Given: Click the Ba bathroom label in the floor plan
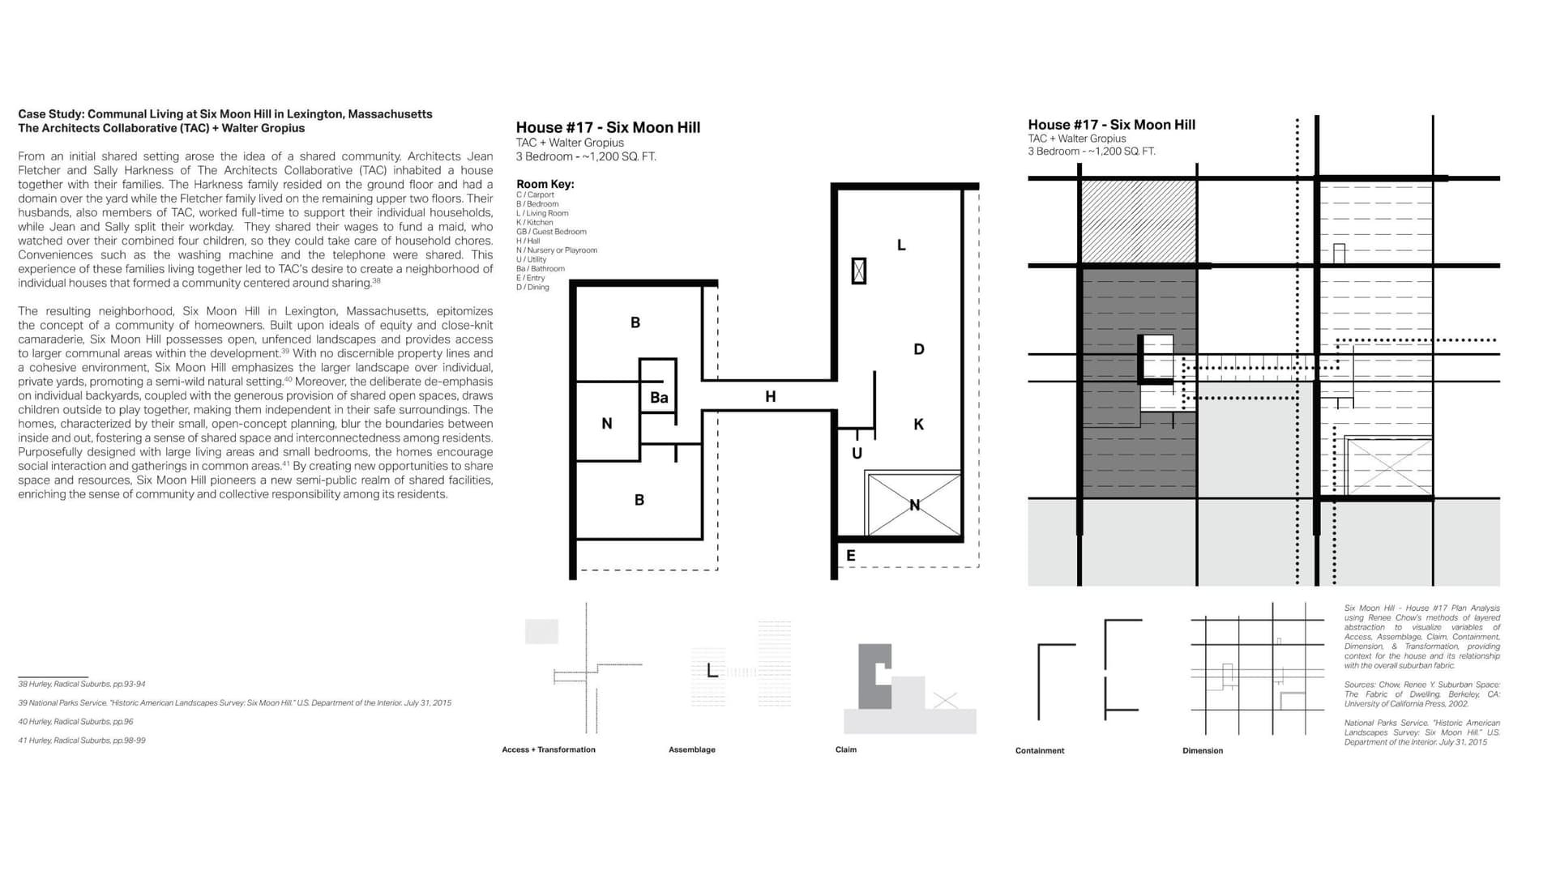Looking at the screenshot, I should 659,398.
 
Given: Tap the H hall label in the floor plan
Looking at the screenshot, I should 770,396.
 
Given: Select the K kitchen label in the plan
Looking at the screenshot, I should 918,425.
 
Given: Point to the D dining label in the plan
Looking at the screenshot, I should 918,349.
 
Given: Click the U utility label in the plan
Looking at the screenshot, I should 857,454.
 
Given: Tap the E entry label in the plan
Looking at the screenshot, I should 850,556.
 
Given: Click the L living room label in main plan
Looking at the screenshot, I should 901,245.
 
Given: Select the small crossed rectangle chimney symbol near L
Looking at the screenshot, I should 859,271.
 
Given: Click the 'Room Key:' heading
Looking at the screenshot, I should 545,184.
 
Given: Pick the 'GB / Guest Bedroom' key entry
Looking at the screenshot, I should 551,232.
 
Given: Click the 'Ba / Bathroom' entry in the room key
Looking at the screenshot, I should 541,269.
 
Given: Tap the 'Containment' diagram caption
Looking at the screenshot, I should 1039,751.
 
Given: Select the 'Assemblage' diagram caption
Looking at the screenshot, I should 691,750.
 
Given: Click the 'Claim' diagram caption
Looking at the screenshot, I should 845,750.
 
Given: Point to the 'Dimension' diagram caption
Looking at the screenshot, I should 1202,751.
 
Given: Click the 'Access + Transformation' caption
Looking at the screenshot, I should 548,750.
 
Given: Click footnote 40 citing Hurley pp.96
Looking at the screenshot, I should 75,722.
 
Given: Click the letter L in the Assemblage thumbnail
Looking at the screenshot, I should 711,671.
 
